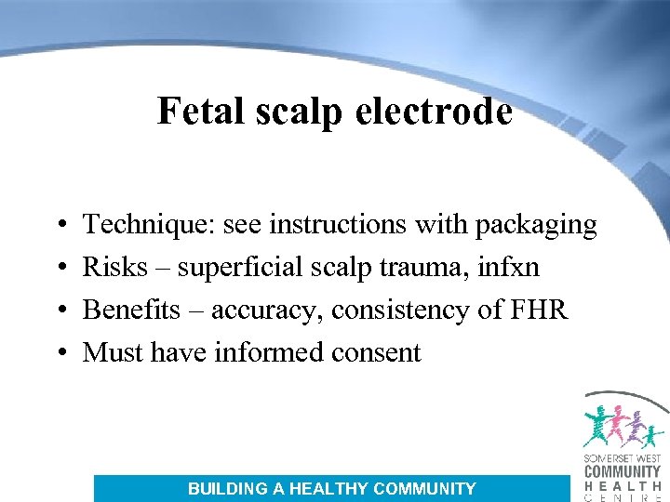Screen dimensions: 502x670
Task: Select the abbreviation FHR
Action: point(539,310)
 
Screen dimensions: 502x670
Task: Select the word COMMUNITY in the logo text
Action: point(622,472)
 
